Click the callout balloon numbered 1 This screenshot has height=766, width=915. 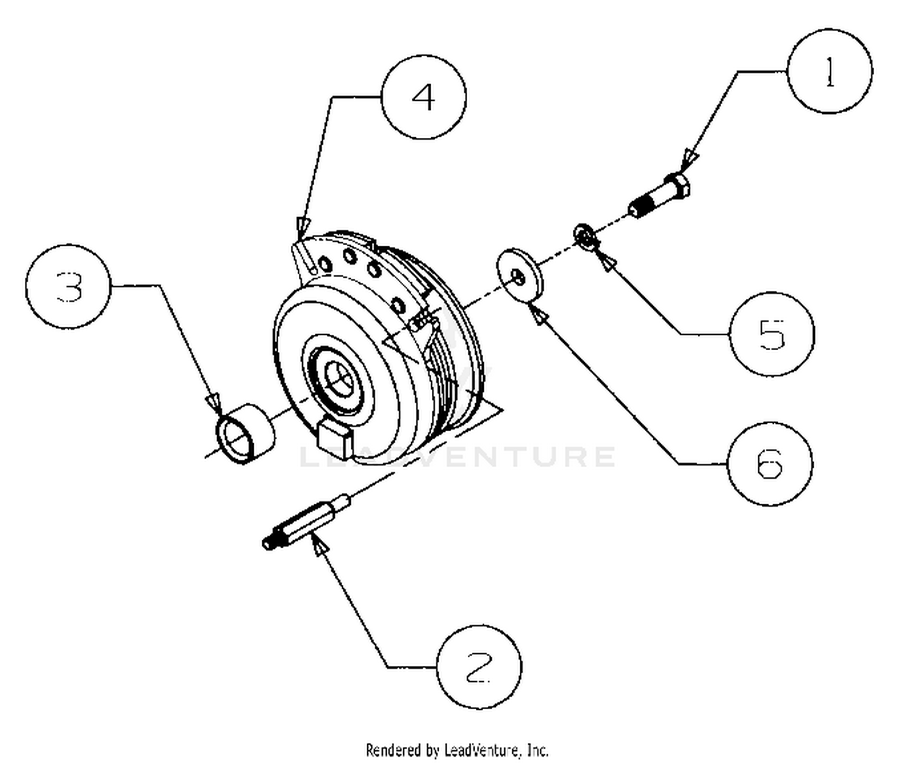pyautogui.click(x=829, y=71)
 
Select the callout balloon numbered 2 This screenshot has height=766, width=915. pyautogui.click(x=479, y=667)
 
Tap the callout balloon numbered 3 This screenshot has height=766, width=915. pyautogui.click(x=68, y=287)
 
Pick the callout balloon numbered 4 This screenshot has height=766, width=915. pyautogui.click(x=424, y=97)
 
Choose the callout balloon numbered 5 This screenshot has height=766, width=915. pyautogui.click(x=772, y=333)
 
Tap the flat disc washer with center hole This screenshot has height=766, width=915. pyautogui.click(x=520, y=275)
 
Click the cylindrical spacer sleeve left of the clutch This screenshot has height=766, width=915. pyautogui.click(x=245, y=434)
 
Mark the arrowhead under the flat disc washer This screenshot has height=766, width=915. pyautogui.click(x=539, y=314)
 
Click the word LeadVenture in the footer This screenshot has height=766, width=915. pyautogui.click(x=481, y=750)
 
